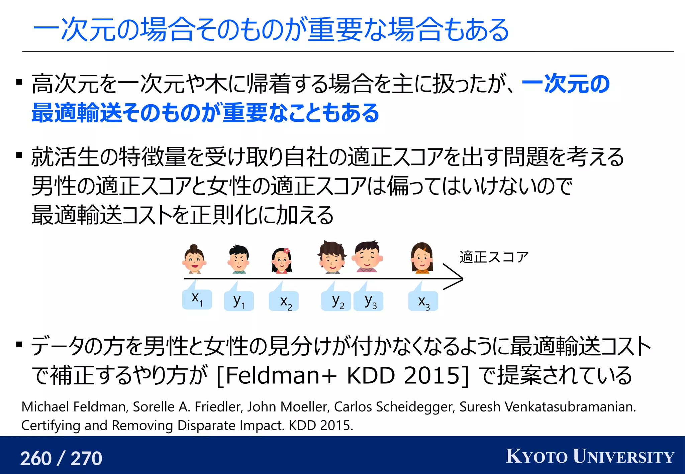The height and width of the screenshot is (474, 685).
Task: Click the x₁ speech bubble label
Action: pos(197,299)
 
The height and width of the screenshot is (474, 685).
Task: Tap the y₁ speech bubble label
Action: pos(239,301)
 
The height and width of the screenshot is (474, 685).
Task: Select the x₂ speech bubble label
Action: pos(284,301)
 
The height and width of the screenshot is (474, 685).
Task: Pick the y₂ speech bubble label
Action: pos(336,301)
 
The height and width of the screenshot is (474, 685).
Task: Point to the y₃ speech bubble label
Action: pos(369,301)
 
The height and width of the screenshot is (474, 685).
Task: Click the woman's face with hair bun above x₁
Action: pos(194,259)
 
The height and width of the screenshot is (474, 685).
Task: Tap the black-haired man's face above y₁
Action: pos(238,259)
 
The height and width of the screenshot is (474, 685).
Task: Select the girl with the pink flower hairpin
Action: pos(282,261)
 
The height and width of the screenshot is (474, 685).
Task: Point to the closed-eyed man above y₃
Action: pos(367,257)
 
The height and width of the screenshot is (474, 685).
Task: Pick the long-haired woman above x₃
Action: pos(422,258)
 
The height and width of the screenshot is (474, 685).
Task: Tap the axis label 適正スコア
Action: pos(494,257)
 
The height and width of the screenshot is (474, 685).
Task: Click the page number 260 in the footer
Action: pos(36,458)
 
